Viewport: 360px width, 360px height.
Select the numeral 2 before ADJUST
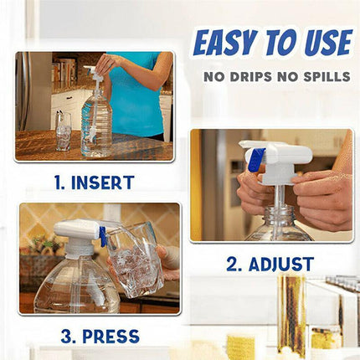234,265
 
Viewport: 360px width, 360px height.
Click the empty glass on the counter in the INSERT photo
64,131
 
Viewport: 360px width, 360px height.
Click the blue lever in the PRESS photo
102,237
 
